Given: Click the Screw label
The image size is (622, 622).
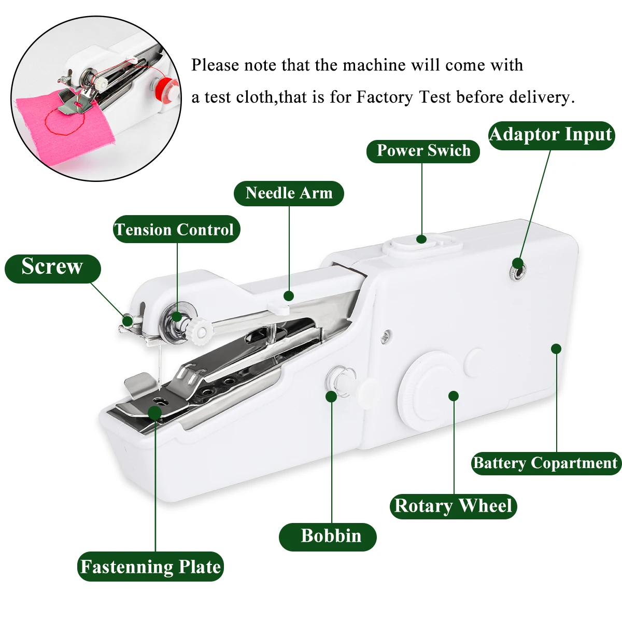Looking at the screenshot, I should click(x=52, y=268).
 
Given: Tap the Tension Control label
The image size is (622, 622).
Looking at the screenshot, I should click(x=176, y=229).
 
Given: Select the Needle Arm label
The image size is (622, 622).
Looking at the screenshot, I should click(x=289, y=193).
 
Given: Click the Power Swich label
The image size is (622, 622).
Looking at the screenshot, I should click(x=423, y=151).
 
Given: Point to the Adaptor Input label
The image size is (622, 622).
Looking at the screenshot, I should click(x=551, y=135).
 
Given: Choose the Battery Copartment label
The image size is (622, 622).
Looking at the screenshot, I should click(x=546, y=463).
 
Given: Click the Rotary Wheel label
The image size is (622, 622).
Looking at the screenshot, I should click(x=453, y=506).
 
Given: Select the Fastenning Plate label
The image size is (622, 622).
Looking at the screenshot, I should click(x=151, y=567).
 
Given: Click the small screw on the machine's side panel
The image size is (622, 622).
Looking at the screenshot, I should click(x=384, y=338).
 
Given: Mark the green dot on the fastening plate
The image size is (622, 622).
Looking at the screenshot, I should click(x=154, y=413).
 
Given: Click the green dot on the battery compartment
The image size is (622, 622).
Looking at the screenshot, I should click(x=556, y=349).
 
